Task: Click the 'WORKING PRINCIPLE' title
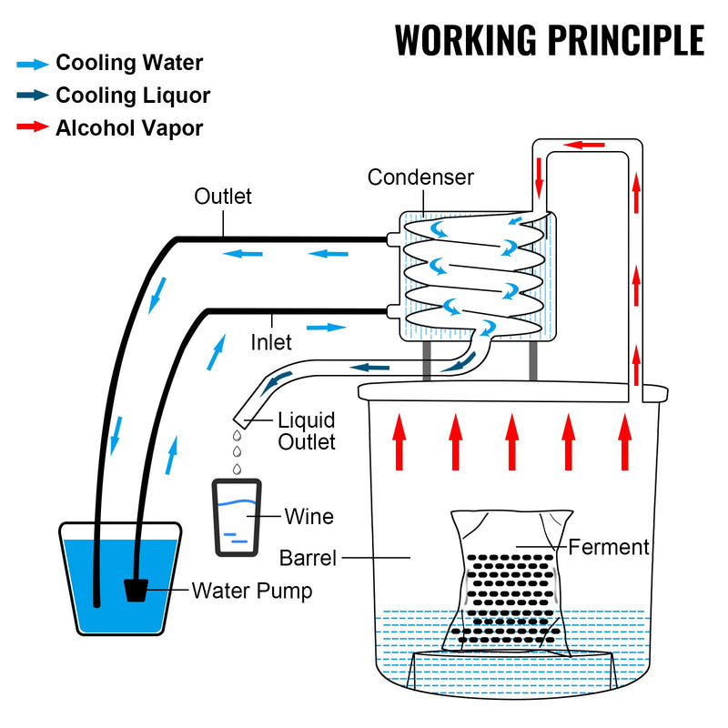550,40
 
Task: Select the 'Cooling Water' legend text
129,63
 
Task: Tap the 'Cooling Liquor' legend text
133,95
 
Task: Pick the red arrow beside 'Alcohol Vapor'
33,126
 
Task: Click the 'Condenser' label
420,177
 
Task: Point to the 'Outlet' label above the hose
223,196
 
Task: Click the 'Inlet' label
271,342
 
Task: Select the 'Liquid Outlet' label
307,431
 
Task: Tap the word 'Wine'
309,517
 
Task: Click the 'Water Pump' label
251,591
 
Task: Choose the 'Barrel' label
309,556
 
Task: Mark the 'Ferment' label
609,547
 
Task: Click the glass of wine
237,517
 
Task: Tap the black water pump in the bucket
136,589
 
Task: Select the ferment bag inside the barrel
510,582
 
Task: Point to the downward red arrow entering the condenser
539,175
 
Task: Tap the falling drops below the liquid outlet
238,452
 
